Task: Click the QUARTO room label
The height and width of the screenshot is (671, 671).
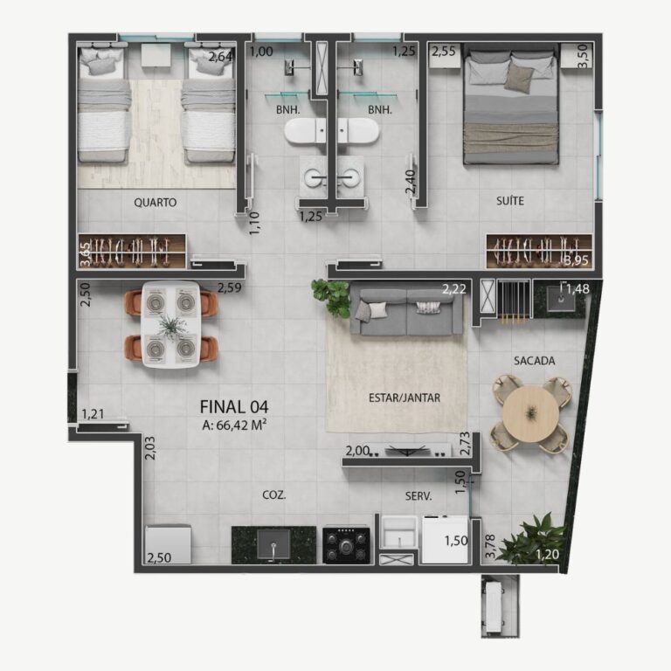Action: click(x=155, y=202)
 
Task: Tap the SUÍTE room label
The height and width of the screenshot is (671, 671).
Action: click(x=510, y=201)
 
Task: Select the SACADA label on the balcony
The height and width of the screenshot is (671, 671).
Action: click(x=535, y=361)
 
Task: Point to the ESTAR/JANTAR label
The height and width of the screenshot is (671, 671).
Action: click(x=405, y=398)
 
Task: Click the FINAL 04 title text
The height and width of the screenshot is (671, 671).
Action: click(x=234, y=406)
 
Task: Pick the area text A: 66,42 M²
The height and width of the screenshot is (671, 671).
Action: click(x=234, y=425)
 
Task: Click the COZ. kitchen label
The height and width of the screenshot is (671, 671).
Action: click(x=273, y=495)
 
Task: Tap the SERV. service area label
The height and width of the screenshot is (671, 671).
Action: click(x=419, y=496)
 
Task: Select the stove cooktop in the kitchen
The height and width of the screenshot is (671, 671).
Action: click(x=346, y=545)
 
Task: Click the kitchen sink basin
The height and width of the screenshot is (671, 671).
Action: click(x=273, y=544)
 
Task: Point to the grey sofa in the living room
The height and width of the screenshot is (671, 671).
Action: click(x=406, y=311)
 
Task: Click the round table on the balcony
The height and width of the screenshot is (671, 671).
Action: click(x=531, y=414)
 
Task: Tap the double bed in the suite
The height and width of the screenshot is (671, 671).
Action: click(x=511, y=107)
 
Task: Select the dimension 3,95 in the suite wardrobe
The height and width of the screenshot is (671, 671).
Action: click(x=576, y=259)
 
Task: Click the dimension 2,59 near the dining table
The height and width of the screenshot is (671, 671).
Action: click(x=230, y=287)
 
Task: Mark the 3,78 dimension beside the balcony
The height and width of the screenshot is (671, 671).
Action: click(x=490, y=546)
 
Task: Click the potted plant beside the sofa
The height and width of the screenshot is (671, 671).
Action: click(x=332, y=297)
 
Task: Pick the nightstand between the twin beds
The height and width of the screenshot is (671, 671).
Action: click(x=156, y=55)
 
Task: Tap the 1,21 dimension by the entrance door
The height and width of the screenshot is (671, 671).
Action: click(x=93, y=414)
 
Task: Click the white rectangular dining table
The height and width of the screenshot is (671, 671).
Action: click(x=170, y=324)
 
